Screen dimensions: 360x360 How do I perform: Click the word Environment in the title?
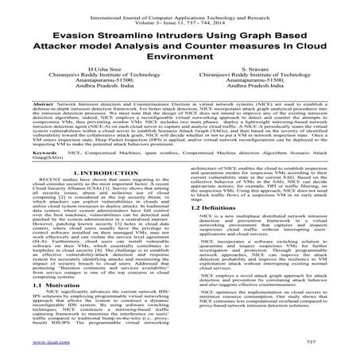pyautogui.click(x=180, y=64)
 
